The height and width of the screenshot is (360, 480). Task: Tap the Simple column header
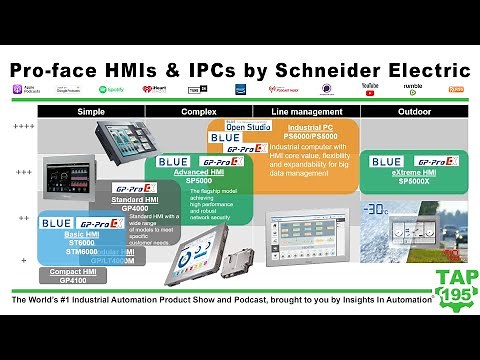click(x=94, y=111)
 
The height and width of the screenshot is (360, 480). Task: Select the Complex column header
click(x=200, y=111)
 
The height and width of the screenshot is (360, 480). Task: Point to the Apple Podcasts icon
click(x=19, y=90)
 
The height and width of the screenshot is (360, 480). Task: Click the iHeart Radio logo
click(x=153, y=90)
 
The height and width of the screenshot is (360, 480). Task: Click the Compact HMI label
click(x=67, y=271)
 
